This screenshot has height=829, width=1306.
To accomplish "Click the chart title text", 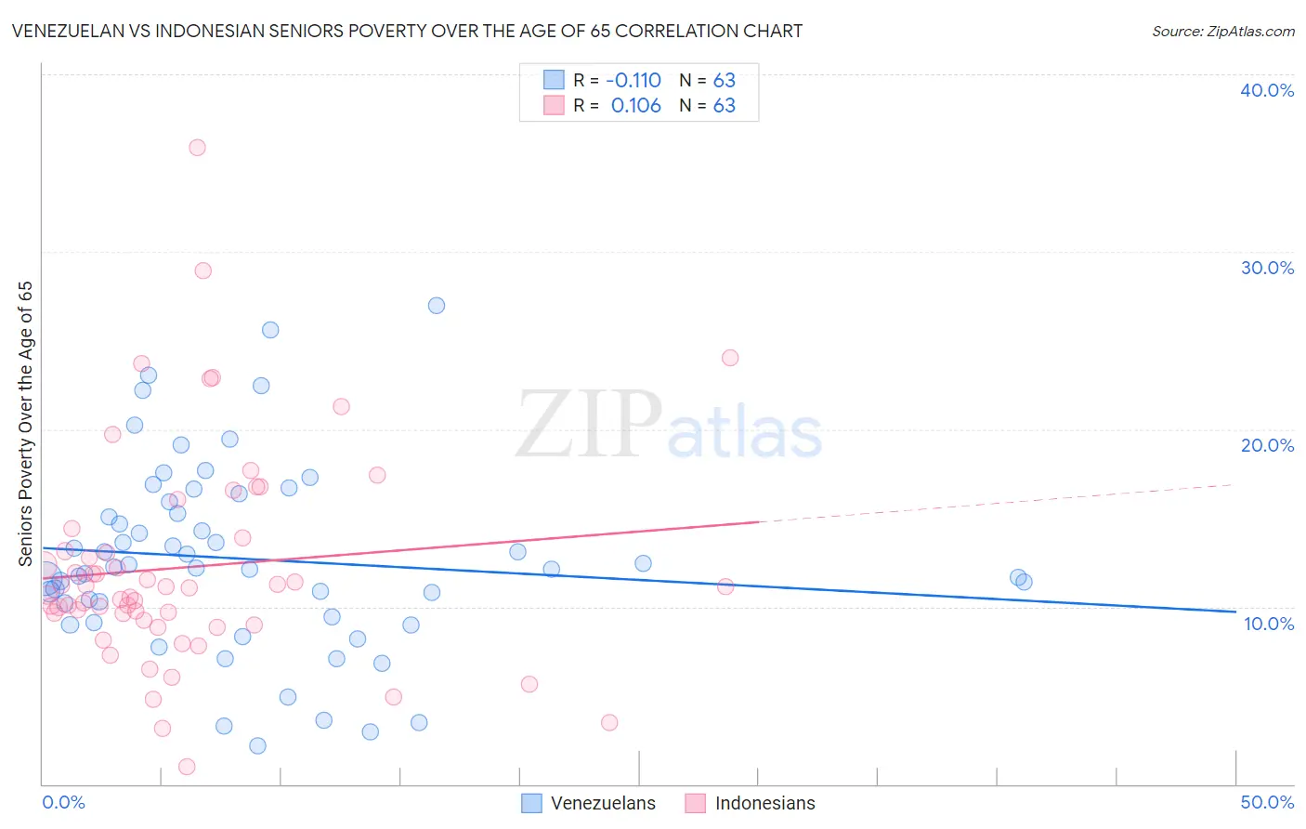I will pyautogui.click(x=407, y=31).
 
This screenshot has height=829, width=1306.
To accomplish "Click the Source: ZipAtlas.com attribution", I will pyautogui.click(x=1222, y=31).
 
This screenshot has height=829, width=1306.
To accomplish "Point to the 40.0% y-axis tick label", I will pyautogui.click(x=1266, y=90).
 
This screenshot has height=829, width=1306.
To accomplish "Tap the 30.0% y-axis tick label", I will pyautogui.click(x=1266, y=268).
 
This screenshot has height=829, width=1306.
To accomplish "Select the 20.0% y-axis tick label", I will pyautogui.click(x=1266, y=445).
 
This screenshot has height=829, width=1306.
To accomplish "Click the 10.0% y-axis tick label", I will pyautogui.click(x=1268, y=624).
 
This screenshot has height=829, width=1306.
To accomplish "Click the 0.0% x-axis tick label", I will pyautogui.click(x=63, y=802).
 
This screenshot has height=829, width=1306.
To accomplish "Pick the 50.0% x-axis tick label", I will pyautogui.click(x=1266, y=802).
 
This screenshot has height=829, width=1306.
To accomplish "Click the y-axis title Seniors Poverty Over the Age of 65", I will pyautogui.click(x=25, y=424).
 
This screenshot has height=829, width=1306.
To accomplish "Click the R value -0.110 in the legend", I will pyautogui.click(x=633, y=80).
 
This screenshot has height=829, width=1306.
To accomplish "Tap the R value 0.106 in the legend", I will pyautogui.click(x=635, y=106).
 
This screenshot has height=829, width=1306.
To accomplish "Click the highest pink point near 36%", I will pyautogui.click(x=197, y=148).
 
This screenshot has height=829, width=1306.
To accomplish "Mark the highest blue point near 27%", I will pyautogui.click(x=436, y=306).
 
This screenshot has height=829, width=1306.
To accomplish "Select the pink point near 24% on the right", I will pyautogui.click(x=730, y=358).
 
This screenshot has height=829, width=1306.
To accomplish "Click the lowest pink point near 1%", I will pyautogui.click(x=187, y=767).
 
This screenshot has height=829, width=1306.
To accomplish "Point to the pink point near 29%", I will pyautogui.click(x=202, y=270).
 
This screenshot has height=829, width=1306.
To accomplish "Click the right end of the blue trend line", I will pyautogui.click(x=1234, y=612).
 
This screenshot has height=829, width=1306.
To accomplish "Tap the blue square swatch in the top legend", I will pyautogui.click(x=554, y=80).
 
